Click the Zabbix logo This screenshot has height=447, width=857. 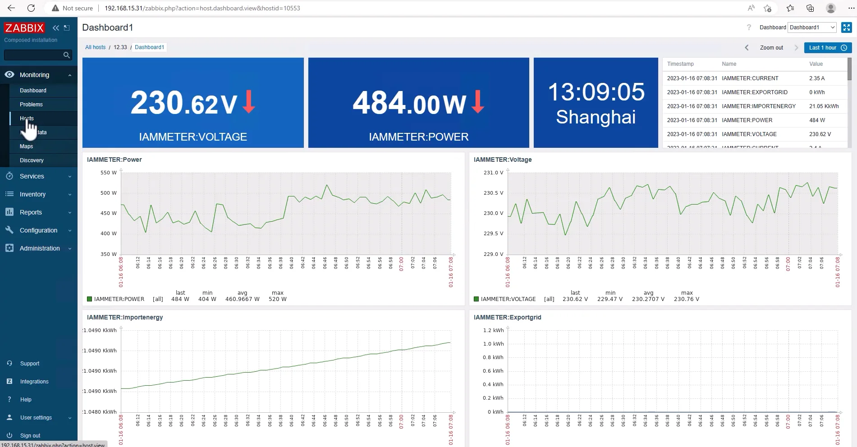click(24, 28)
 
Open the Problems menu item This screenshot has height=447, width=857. click(31, 105)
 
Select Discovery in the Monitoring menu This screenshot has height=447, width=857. click(32, 160)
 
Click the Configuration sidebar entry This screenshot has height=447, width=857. click(38, 230)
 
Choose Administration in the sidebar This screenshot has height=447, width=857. click(40, 248)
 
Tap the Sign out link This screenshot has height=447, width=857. click(30, 436)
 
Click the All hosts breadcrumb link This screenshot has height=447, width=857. click(95, 47)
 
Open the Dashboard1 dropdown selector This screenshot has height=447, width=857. click(812, 27)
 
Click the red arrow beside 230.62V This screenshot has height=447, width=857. click(248, 101)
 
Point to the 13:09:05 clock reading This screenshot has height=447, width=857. click(596, 92)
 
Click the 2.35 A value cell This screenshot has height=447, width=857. click(816, 78)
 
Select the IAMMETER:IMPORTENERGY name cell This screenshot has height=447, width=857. click(759, 106)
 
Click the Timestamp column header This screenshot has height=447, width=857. click(680, 64)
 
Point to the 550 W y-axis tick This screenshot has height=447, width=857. click(108, 173)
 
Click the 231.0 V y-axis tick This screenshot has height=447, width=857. click(493, 173)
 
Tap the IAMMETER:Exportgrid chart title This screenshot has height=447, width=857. click(507, 317)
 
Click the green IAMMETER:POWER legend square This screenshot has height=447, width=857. click(89, 299)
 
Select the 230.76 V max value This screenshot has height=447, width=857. click(687, 299)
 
